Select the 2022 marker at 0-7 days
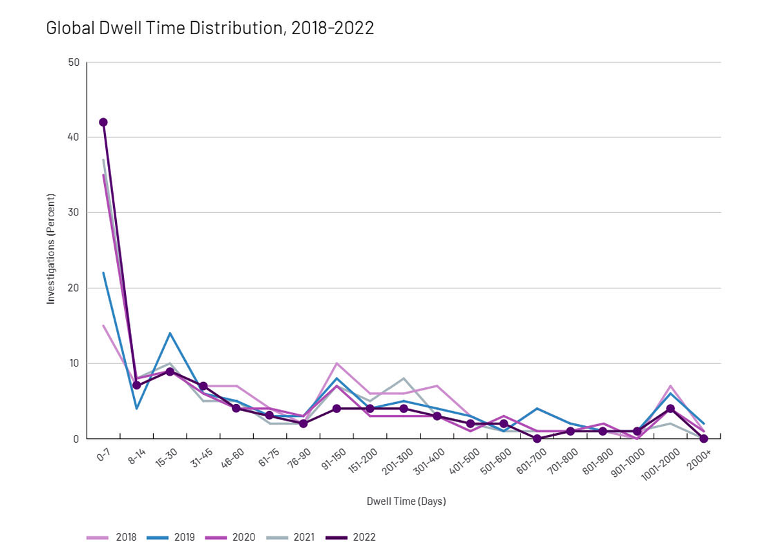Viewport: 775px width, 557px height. (103, 122)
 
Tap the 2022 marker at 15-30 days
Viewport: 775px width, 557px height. (170, 372)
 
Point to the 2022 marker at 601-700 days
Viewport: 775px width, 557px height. (537, 439)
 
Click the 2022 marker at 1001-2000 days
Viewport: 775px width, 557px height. (670, 409)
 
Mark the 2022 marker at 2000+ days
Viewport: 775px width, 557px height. (704, 439)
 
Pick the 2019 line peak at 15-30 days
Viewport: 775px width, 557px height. (170, 333)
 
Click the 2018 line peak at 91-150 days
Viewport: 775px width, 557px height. (336, 363)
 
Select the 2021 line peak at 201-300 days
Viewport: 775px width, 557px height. (404, 379)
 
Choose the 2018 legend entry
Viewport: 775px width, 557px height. (111, 537)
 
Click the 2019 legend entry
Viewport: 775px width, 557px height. (170, 537)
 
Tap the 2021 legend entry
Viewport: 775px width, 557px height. (291, 537)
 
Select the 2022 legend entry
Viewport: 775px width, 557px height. (351, 537)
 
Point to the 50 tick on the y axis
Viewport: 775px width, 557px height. (74, 63)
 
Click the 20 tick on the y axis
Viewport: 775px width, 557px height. (74, 288)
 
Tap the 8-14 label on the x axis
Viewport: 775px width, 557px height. (137, 456)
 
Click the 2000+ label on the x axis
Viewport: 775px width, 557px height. (699, 459)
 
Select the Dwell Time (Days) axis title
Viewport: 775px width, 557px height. (406, 501)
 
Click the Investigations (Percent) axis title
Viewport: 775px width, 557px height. (51, 249)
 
